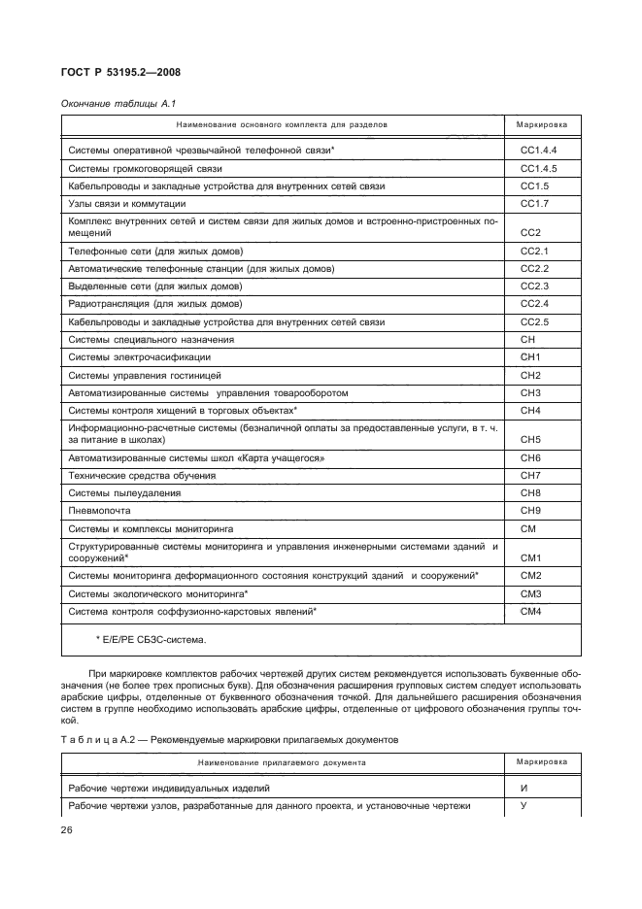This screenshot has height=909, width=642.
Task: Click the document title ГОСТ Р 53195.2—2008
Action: point(121,71)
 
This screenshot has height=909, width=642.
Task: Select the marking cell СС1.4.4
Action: point(538,151)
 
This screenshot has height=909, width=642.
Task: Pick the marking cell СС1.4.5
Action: point(538,168)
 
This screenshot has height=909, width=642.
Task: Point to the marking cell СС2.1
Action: point(535,251)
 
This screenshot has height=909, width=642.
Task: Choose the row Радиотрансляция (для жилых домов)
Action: point(155,303)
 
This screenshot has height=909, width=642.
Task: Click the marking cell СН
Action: point(529,339)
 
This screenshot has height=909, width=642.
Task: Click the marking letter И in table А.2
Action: point(524,789)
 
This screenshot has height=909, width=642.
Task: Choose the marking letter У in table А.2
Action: point(524,806)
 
